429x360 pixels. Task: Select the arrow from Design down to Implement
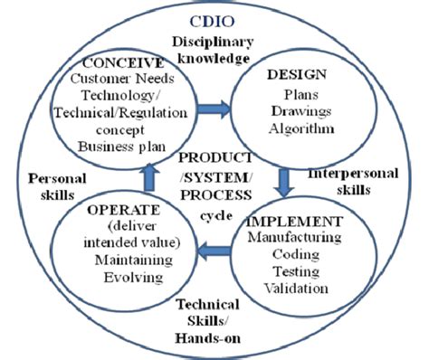tap(283, 181)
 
